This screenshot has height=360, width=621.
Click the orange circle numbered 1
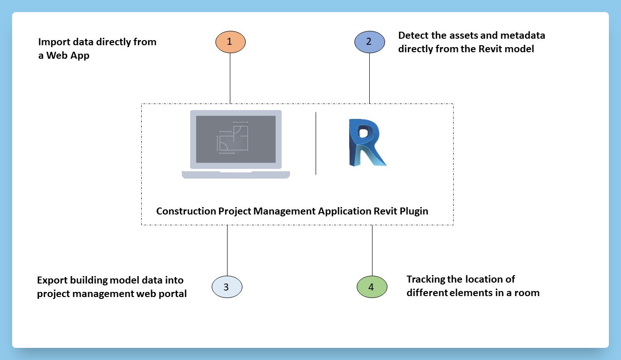230,42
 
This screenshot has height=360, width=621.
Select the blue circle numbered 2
369,42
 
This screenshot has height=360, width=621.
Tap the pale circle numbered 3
227,287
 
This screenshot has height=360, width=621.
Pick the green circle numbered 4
372,287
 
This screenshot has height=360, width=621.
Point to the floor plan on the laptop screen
233,138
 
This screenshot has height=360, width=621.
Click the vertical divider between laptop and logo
316,143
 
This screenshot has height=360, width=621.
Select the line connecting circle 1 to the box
230,77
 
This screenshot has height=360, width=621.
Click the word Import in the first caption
53,42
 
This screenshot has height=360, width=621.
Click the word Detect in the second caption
412,35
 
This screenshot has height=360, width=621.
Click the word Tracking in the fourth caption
425,279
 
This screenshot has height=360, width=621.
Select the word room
527,293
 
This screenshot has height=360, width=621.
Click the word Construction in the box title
186,211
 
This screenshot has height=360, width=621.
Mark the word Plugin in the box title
414,211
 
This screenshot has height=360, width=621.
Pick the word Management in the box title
284,211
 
